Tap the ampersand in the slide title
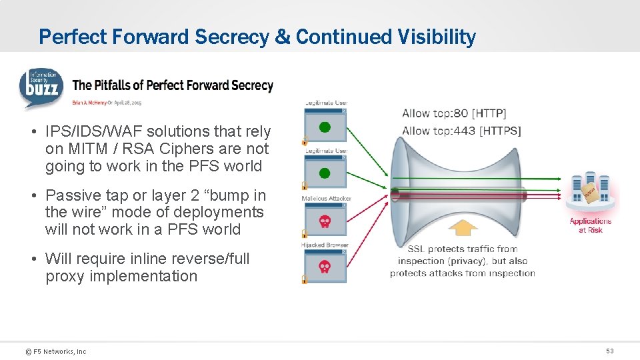pyautogui.click(x=283, y=37)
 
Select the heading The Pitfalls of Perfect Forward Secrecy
pyautogui.click(x=173, y=85)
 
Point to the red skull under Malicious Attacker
pyautogui.click(x=325, y=221)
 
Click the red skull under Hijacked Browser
pyautogui.click(x=325, y=267)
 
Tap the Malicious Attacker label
pyautogui.click(x=326, y=199)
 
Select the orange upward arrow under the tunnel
pyautogui.click(x=463, y=229)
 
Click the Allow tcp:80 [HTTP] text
pyautogui.click(x=454, y=113)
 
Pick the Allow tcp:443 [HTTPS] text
pyautogui.click(x=461, y=131)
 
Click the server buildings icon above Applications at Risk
pyautogui.click(x=589, y=192)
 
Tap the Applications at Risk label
pyautogui.click(x=590, y=225)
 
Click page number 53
pyautogui.click(x=609, y=351)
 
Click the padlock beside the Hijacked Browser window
pyautogui.click(x=305, y=279)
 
